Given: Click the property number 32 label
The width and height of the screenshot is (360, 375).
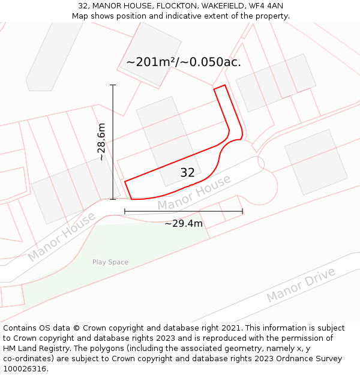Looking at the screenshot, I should pyautogui.click(x=187, y=173).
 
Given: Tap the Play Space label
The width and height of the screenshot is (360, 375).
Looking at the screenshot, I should pyautogui.click(x=110, y=262).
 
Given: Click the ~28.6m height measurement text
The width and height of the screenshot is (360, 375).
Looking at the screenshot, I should pyautogui.click(x=101, y=142).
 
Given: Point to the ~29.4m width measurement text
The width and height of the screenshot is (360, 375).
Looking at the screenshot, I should pyautogui.click(x=184, y=224).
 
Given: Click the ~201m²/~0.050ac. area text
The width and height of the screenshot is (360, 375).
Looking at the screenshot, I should pyautogui.click(x=184, y=62).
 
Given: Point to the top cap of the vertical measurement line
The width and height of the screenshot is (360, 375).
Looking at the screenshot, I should pyautogui.click(x=113, y=85).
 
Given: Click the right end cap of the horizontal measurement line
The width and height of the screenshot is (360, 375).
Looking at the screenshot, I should pyautogui.click(x=242, y=211).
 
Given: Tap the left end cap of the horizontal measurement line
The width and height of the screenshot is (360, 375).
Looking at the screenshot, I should pyautogui.click(x=125, y=211).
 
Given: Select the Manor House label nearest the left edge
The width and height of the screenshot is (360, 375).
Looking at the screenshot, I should pyautogui.click(x=61, y=237).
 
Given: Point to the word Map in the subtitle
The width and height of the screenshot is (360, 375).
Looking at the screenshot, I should pyautogui.click(x=80, y=16).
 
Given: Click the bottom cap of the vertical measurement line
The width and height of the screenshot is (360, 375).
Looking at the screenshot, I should pyautogui.click(x=113, y=199).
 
